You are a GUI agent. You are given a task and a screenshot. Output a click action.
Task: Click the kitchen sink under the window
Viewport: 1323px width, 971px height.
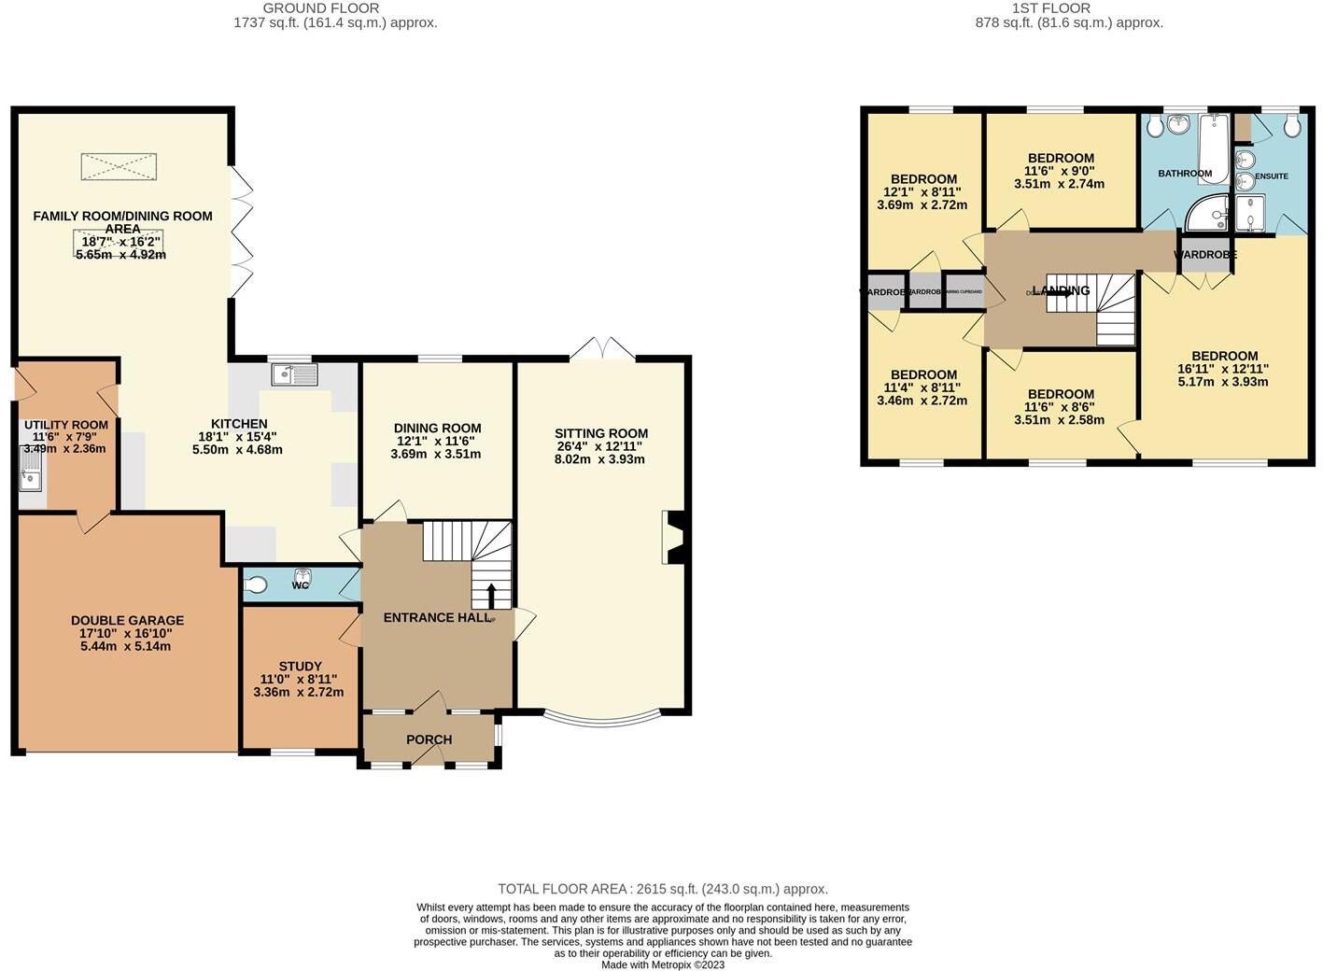tap(294, 374)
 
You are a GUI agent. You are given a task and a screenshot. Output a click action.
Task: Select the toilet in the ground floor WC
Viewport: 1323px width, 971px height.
tap(255, 585)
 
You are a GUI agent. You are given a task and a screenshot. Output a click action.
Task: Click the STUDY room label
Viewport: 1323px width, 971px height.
tap(300, 666)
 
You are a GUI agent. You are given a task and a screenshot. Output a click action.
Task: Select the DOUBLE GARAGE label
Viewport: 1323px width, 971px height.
tap(127, 620)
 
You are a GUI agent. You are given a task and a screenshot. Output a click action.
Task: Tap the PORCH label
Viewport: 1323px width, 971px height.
tap(429, 739)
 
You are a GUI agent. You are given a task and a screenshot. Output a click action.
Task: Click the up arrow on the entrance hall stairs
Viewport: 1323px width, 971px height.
tap(491, 595)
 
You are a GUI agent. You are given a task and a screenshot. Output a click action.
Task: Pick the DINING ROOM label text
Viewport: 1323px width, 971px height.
tap(437, 428)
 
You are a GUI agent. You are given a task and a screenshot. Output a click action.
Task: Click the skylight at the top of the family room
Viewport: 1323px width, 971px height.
tap(119, 167)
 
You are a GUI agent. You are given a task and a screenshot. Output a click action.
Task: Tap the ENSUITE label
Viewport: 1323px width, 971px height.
tap(1271, 176)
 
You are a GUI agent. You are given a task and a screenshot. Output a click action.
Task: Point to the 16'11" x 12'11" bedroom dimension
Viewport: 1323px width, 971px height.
tap(1223, 369)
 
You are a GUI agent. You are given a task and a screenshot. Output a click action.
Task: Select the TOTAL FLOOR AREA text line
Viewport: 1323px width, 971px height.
tap(662, 889)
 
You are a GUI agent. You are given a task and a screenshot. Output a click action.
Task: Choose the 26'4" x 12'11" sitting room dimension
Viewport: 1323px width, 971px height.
tap(600, 446)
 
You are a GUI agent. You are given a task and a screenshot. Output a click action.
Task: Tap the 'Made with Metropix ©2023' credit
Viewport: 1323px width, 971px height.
tap(662, 964)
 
